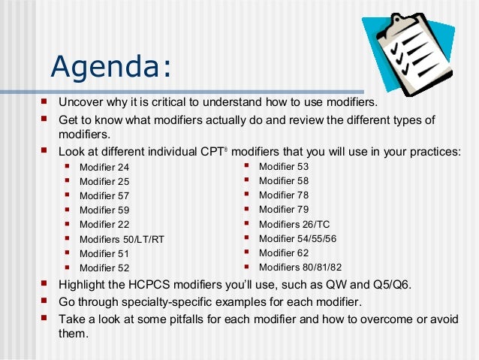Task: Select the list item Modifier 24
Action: (x=104, y=167)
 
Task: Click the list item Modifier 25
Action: (x=104, y=181)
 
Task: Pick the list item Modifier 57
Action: (x=104, y=196)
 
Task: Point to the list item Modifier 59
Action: (x=104, y=210)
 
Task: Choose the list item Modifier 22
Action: (x=104, y=225)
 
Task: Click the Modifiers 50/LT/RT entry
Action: (x=122, y=240)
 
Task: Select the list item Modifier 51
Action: (x=104, y=253)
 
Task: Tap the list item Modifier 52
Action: (x=104, y=268)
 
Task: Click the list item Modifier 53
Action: (x=283, y=166)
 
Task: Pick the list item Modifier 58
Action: (x=283, y=180)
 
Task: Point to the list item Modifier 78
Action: (x=283, y=195)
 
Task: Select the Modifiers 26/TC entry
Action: (x=294, y=224)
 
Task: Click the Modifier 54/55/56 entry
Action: (x=297, y=238)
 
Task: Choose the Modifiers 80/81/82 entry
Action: (x=300, y=267)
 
